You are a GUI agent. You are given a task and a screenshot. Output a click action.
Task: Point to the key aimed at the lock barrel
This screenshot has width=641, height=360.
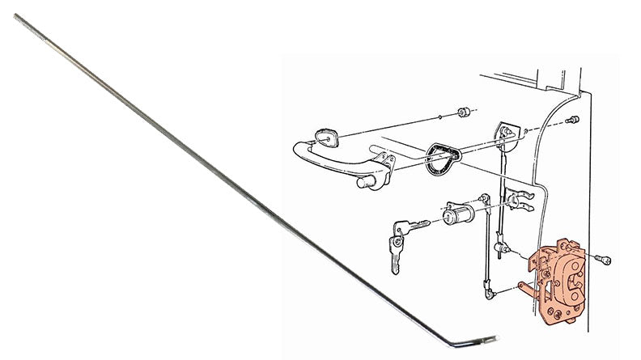(410, 227)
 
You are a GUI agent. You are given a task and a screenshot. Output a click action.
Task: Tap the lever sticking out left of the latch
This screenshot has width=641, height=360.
(522, 285)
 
